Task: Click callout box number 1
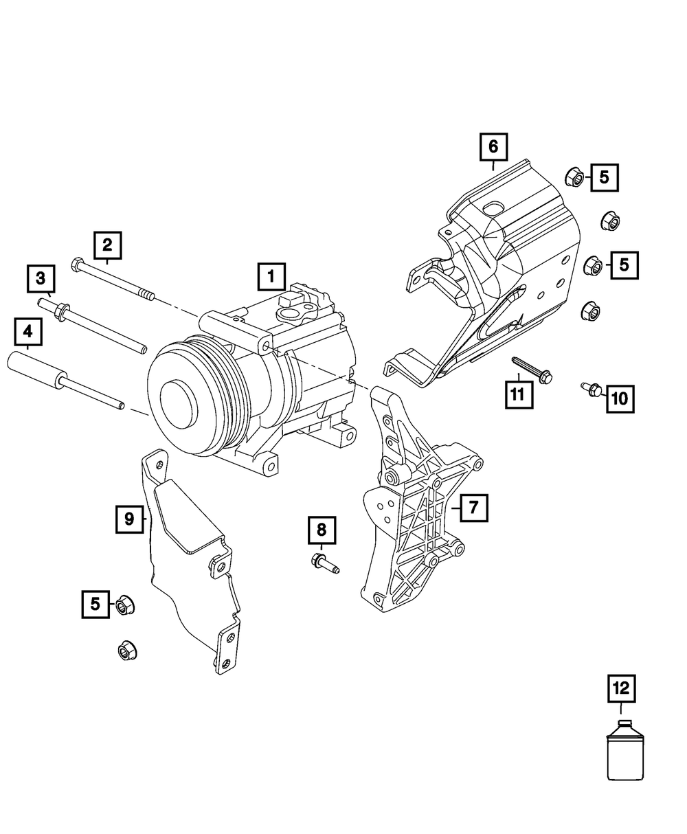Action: (271, 277)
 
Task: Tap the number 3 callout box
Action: (41, 278)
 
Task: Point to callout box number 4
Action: (27, 333)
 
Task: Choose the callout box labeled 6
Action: (493, 146)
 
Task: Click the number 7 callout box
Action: (473, 508)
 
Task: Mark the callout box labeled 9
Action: (129, 519)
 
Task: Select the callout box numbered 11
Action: (516, 394)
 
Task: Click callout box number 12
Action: (620, 688)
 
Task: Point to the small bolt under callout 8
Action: (325, 562)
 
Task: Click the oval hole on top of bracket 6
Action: (493, 209)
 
